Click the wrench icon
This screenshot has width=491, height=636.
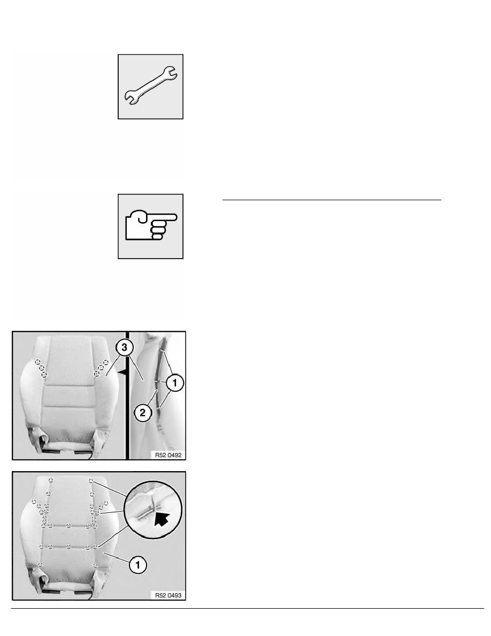150,86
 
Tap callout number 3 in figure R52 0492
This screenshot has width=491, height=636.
124,347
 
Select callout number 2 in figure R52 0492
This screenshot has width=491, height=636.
143,413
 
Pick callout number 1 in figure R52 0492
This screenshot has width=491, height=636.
175,382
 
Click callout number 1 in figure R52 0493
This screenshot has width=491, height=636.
138,565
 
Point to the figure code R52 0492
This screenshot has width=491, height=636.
168,455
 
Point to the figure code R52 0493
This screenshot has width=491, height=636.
168,595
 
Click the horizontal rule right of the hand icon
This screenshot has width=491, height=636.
332,200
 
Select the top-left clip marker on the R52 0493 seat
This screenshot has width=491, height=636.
51,480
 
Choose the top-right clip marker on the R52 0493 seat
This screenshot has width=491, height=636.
91,481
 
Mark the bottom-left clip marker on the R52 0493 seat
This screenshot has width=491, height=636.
40,565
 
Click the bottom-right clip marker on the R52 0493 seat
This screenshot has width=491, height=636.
96,565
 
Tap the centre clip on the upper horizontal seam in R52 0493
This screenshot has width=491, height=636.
69,526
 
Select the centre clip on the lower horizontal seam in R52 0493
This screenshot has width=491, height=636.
69,547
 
